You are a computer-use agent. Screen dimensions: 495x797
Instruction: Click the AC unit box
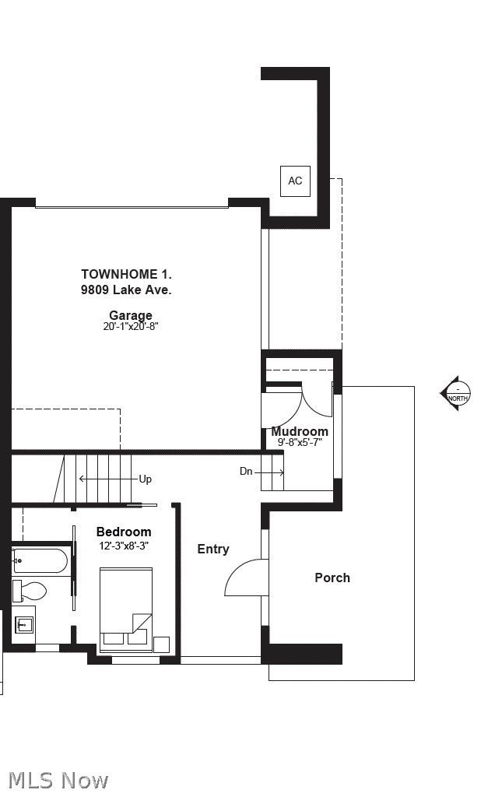(295, 181)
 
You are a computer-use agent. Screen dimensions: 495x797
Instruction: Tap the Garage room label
(131, 315)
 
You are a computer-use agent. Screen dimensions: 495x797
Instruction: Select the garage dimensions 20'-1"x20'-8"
(131, 326)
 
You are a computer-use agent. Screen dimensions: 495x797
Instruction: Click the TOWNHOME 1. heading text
(127, 274)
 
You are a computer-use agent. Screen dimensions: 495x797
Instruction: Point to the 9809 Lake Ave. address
(126, 290)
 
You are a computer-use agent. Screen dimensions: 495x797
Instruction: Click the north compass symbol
(456, 393)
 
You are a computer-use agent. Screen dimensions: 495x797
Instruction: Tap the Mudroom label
(300, 431)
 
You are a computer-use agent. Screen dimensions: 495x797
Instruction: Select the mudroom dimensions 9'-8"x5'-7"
(300, 442)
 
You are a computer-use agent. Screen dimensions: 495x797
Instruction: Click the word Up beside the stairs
(146, 479)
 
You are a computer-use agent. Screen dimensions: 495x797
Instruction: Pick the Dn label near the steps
(246, 471)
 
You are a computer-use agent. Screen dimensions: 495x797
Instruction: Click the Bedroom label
(124, 532)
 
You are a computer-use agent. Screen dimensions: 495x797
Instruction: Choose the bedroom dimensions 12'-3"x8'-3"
(124, 546)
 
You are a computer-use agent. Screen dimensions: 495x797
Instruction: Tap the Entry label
(213, 549)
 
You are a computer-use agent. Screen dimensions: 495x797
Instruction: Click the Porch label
(332, 578)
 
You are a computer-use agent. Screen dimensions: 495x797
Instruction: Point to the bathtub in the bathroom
(40, 562)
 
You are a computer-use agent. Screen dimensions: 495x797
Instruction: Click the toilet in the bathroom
(30, 591)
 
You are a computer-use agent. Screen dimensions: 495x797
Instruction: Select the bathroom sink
(23, 624)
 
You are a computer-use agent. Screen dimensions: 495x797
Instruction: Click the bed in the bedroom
(126, 609)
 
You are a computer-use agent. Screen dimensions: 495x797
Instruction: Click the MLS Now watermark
(58, 781)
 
